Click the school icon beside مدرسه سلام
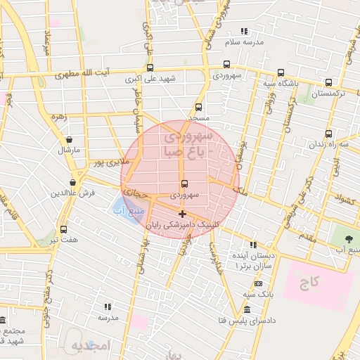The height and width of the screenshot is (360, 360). (x=244, y=31)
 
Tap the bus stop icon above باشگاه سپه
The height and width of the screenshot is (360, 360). (x=281, y=72)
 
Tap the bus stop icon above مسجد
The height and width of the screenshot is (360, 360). (x=198, y=108)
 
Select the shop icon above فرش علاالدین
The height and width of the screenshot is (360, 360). (x=73, y=183)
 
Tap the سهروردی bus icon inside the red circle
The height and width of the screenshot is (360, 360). (x=184, y=184)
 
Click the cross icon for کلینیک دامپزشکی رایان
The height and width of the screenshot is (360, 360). (x=183, y=214)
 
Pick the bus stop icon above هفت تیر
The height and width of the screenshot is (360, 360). (x=64, y=229)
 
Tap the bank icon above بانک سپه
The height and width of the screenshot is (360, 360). (x=258, y=283)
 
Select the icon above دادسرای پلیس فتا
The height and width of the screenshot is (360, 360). (x=247, y=310)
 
